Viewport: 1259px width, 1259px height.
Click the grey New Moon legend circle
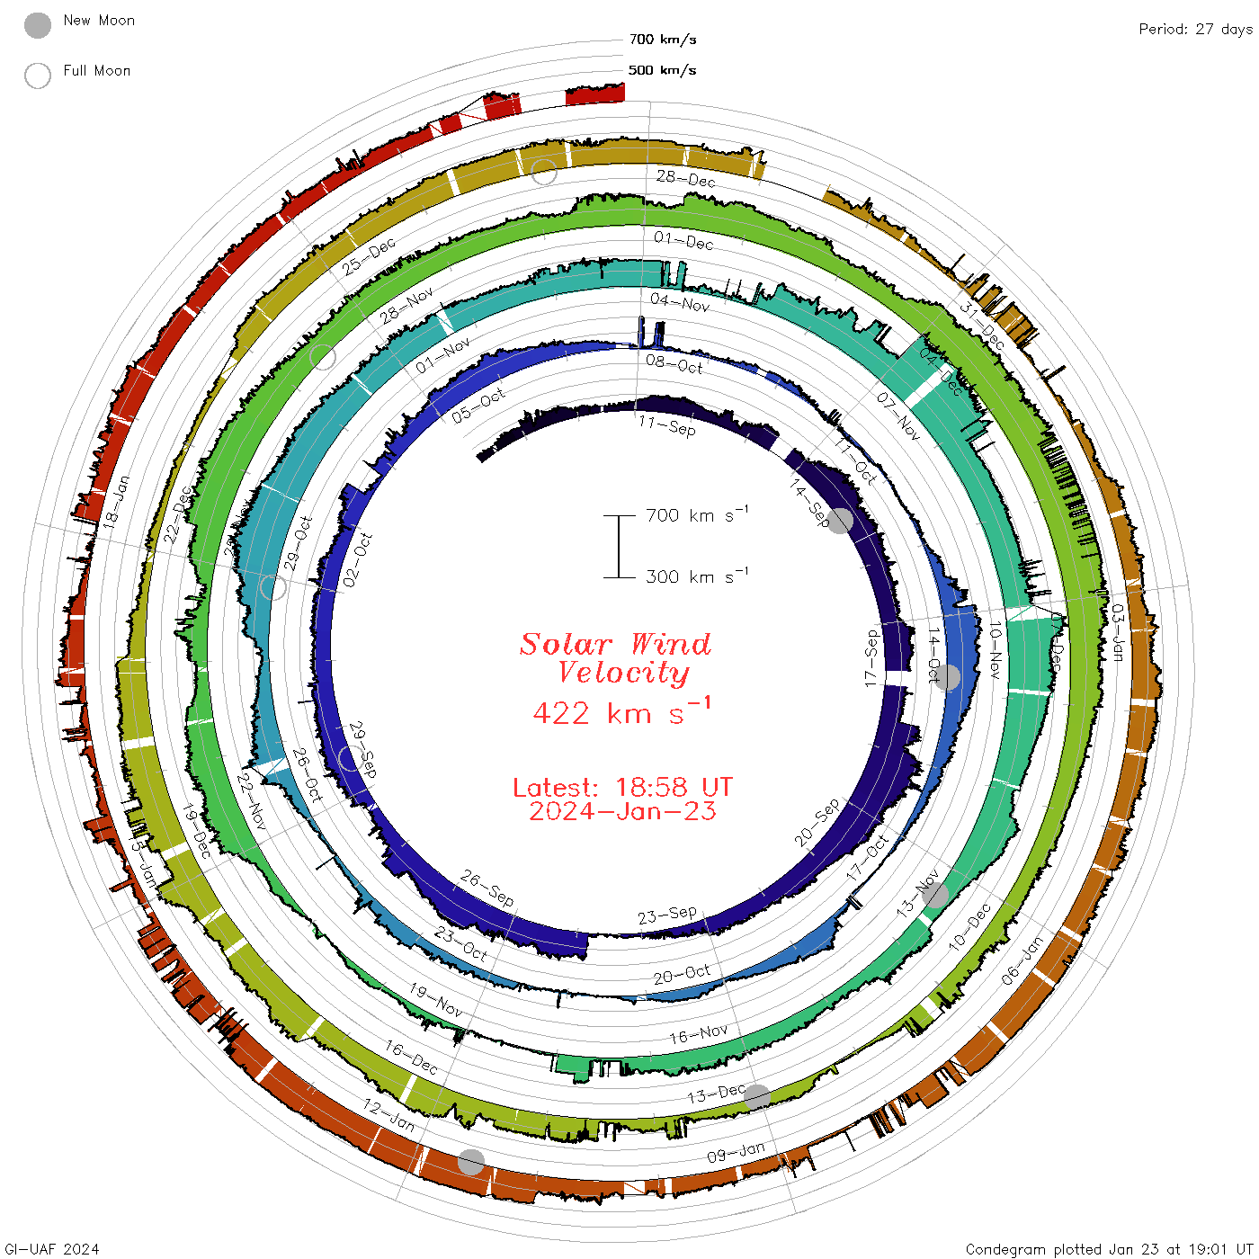tap(38, 25)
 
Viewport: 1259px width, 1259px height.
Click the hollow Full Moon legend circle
tap(38, 76)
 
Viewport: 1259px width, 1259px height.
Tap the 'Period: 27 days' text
tap(1195, 29)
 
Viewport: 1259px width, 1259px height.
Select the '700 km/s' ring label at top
tap(663, 40)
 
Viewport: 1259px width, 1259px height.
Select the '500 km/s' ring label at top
tap(663, 70)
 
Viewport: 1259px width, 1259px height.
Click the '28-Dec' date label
tap(686, 178)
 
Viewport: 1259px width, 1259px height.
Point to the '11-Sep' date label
tap(667, 425)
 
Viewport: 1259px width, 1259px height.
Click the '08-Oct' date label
tap(674, 364)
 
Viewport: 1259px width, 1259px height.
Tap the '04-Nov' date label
tap(680, 303)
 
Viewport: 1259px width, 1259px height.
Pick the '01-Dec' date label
tap(683, 241)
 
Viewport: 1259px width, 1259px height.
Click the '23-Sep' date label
tap(667, 915)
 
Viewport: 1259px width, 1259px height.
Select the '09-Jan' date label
tap(736, 1152)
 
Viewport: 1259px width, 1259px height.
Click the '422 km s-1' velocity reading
tap(621, 712)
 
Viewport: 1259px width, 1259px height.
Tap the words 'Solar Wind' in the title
tap(616, 644)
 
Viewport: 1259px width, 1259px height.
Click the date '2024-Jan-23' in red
tap(622, 811)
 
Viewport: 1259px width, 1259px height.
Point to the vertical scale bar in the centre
tap(619, 546)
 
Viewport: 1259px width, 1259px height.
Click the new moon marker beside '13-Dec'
tap(757, 1097)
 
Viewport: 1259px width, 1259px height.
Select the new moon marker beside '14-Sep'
tap(840, 520)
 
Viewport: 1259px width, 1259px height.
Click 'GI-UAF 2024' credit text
tap(52, 1249)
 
